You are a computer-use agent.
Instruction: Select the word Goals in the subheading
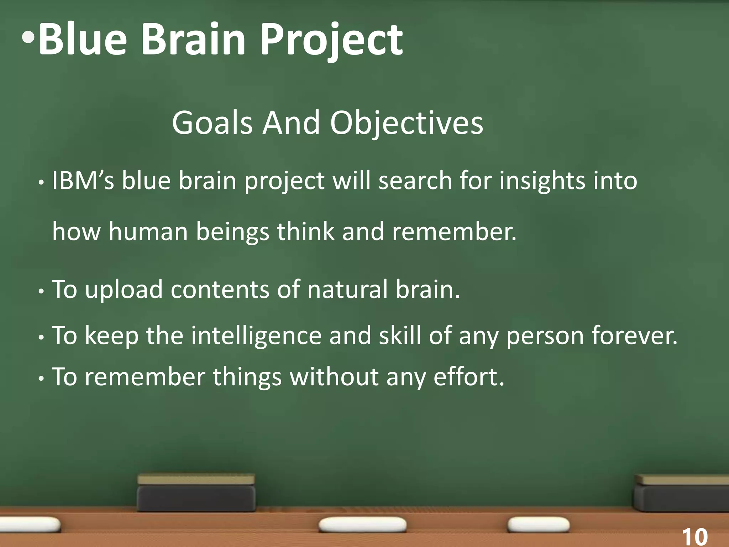[x=212, y=123]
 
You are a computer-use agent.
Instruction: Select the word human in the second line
[x=148, y=231]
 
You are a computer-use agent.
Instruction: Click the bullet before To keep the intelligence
[x=41, y=337]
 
